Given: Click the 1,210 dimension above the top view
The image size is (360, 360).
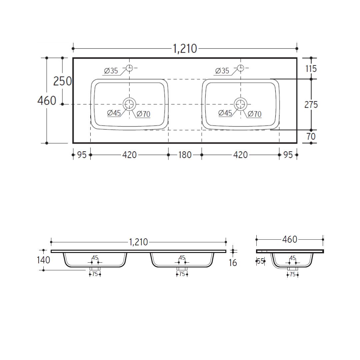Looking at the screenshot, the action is tap(185, 49).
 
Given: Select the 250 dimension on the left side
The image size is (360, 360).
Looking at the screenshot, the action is tap(62, 81).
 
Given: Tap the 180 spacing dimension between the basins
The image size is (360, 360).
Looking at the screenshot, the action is tap(185, 155).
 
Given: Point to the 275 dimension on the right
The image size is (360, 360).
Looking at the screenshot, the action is tap(311, 105).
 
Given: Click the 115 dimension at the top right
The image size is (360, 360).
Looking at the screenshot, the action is tap(311, 69).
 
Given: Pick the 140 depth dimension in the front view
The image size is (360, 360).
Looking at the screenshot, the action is tap(43, 260).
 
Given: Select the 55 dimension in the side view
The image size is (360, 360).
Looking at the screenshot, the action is tap(261, 261).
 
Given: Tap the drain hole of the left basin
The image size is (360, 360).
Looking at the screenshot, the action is tap(129, 104).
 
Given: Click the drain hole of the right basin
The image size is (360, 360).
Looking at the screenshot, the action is tap(241, 104).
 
